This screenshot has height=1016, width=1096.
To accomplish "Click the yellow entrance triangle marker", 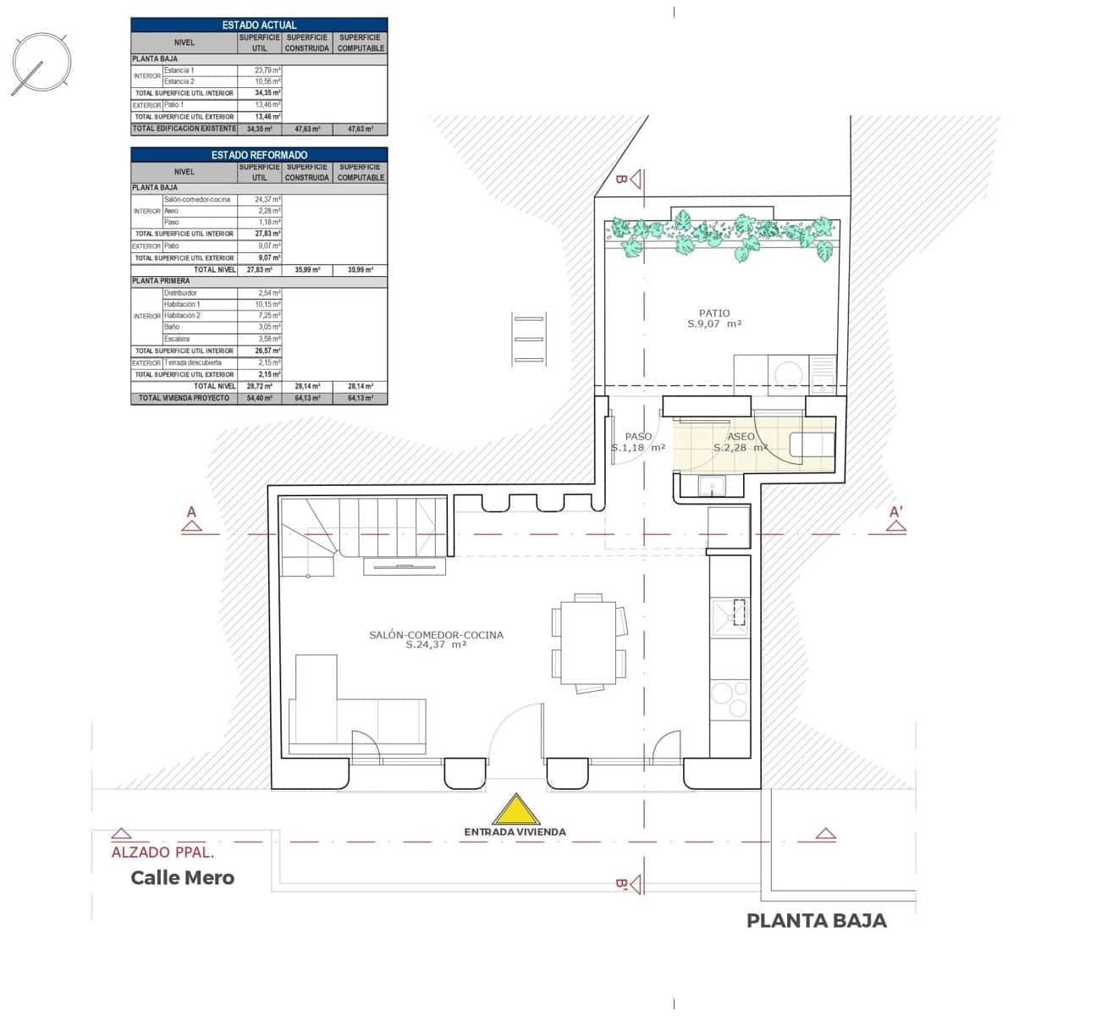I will (x=515, y=810).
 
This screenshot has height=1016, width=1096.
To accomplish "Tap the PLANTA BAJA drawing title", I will (x=816, y=920).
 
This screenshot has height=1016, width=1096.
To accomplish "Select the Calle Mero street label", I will (x=182, y=877).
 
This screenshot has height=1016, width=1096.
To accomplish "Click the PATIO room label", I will (x=714, y=313).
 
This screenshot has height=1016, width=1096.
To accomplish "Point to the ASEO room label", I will (x=741, y=437).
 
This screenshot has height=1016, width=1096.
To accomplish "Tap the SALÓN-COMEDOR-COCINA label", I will (x=436, y=635).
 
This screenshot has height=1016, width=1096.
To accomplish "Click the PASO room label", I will (x=638, y=437).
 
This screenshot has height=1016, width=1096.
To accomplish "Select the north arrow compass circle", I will (x=41, y=63).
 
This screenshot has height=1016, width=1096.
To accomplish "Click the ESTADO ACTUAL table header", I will (x=259, y=25).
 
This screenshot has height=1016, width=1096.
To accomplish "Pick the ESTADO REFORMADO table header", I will (x=259, y=155).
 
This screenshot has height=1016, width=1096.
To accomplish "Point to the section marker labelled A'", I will (x=895, y=519).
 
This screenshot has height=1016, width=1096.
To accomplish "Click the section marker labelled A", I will (x=192, y=519).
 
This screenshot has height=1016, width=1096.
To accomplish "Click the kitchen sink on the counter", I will (x=730, y=613).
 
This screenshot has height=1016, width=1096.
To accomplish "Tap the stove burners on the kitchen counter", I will (x=730, y=699).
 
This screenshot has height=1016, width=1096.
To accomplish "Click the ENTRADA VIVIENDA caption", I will (x=515, y=831).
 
